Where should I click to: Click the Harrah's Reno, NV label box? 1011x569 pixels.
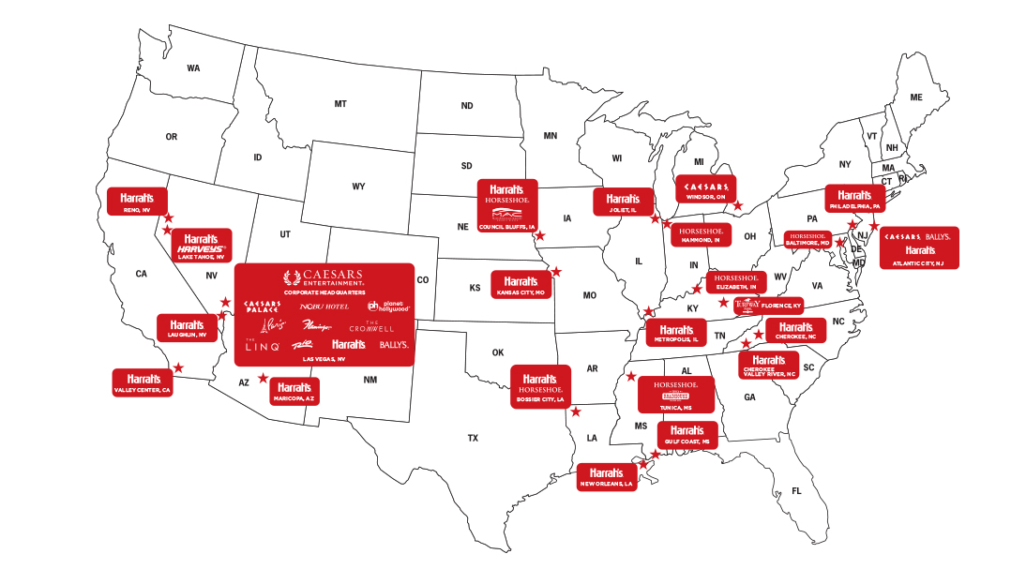point(137,202)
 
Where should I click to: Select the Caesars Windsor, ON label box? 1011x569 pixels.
point(705,188)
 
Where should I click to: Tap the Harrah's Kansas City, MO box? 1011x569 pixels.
point(521,284)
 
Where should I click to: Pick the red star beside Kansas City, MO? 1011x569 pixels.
point(556,271)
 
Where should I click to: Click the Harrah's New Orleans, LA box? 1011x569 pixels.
point(607,477)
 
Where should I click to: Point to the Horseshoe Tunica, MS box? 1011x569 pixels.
point(675,395)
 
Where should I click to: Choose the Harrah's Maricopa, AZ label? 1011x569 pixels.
point(294,390)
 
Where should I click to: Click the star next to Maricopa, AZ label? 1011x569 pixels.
point(263,379)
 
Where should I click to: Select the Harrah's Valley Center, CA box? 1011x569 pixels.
point(143,382)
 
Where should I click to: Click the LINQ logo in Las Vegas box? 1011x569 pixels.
point(263,346)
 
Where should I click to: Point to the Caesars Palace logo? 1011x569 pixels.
point(263,307)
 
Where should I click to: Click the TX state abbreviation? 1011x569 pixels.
point(473,438)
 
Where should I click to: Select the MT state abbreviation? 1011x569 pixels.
point(340,104)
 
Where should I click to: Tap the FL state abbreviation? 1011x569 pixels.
point(797,491)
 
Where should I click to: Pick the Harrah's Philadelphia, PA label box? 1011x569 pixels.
point(853,198)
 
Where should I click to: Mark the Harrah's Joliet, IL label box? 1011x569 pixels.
point(622,202)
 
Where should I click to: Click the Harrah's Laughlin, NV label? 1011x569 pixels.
point(187,328)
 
